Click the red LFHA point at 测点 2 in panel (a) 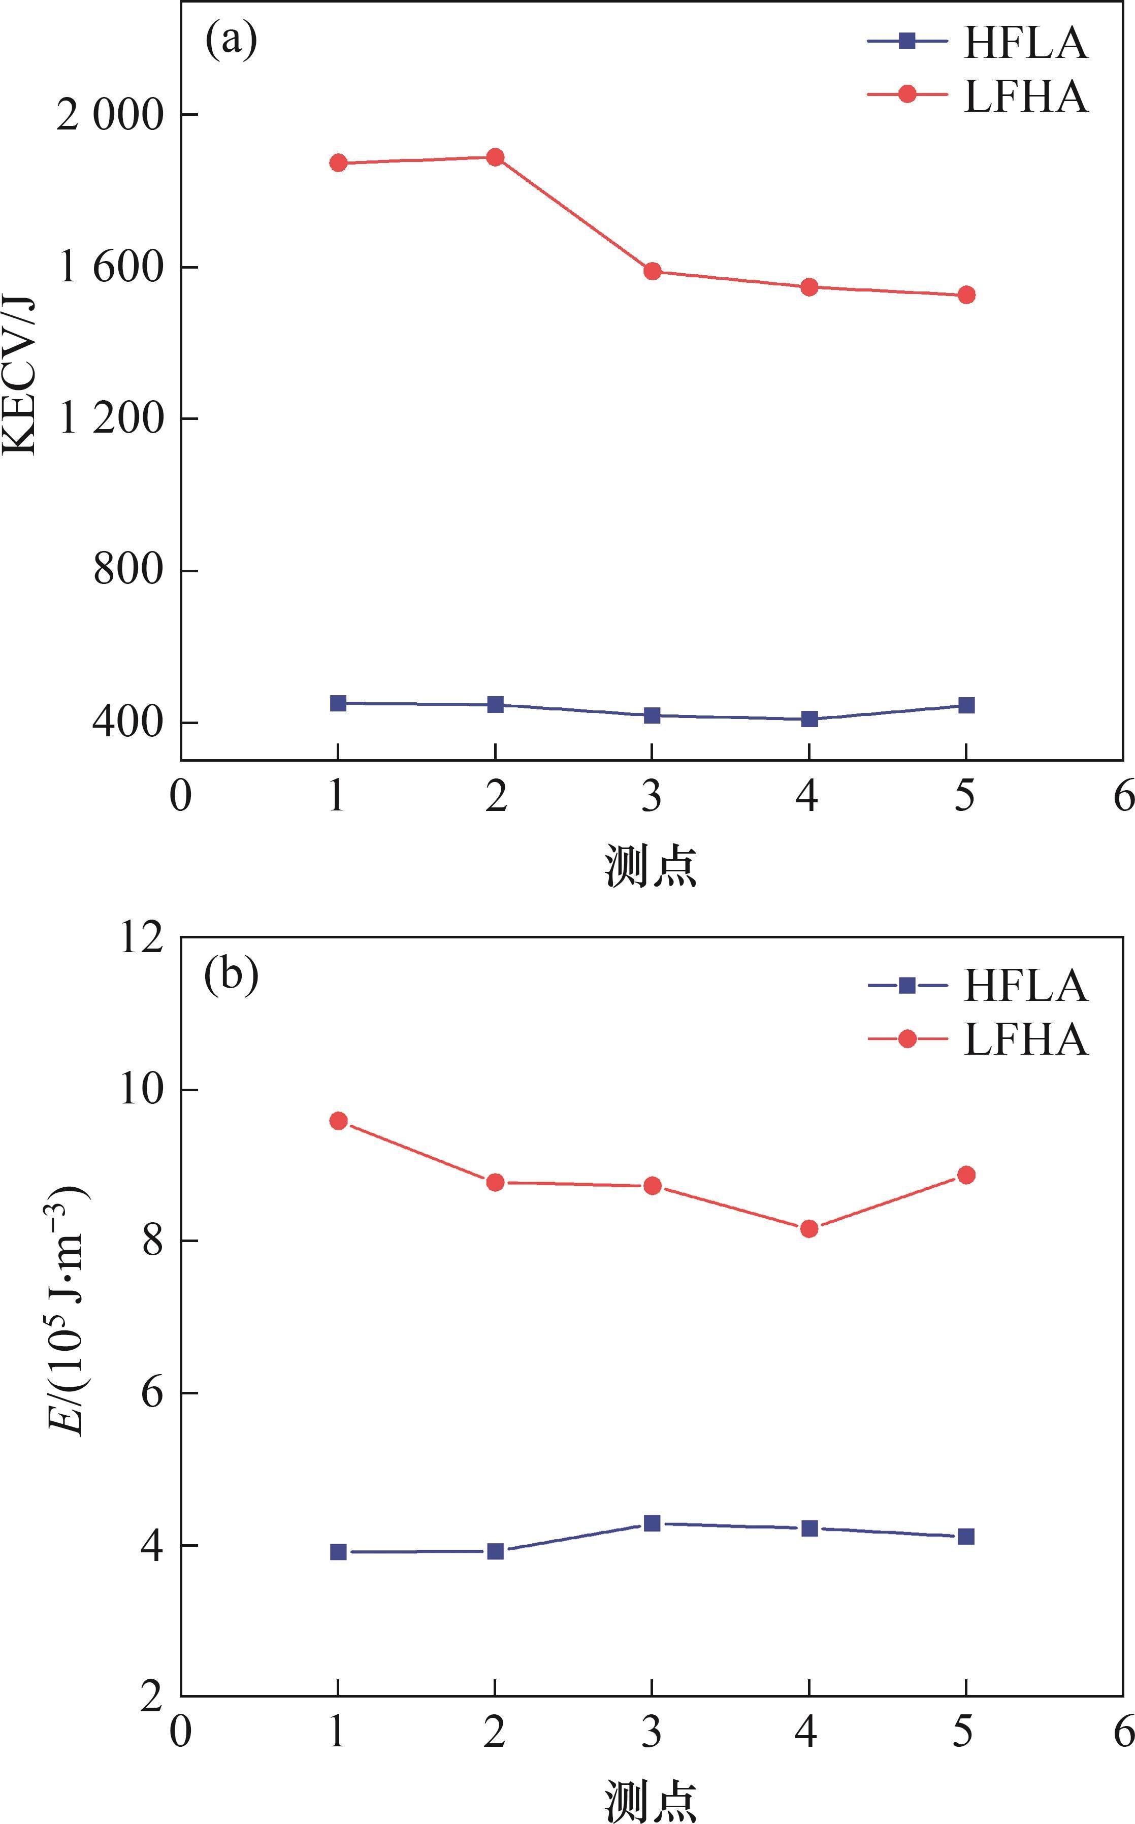[x=495, y=157]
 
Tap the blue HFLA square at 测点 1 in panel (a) [x=338, y=703]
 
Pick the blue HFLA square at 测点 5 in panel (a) [x=966, y=705]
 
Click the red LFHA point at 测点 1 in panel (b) [x=338, y=1121]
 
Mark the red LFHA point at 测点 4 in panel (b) [x=808, y=1229]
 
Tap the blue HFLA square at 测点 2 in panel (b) [x=495, y=1551]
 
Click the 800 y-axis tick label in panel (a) [x=127, y=570]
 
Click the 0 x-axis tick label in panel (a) [x=180, y=796]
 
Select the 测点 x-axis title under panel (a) [x=651, y=866]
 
